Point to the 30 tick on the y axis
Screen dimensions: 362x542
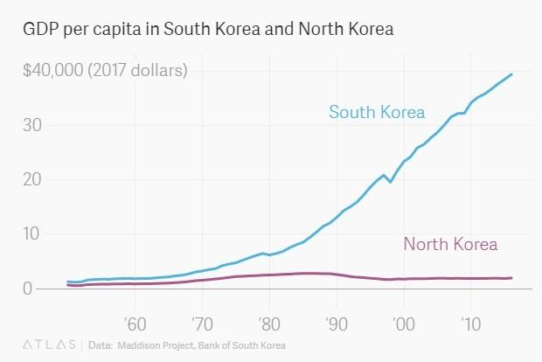32,125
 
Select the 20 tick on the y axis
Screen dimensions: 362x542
32,179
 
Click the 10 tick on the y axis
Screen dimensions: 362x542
32,233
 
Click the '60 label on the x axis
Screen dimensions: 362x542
135,322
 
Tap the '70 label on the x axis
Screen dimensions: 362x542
202,322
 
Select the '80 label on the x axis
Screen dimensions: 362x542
269,322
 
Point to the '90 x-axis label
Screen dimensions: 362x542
337,322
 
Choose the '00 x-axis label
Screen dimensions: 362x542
404,322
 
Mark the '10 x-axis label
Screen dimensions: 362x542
470,322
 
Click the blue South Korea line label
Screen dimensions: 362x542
377,112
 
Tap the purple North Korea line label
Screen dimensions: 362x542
450,244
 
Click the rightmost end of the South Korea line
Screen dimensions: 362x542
511,74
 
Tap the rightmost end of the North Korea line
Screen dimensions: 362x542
511,278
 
